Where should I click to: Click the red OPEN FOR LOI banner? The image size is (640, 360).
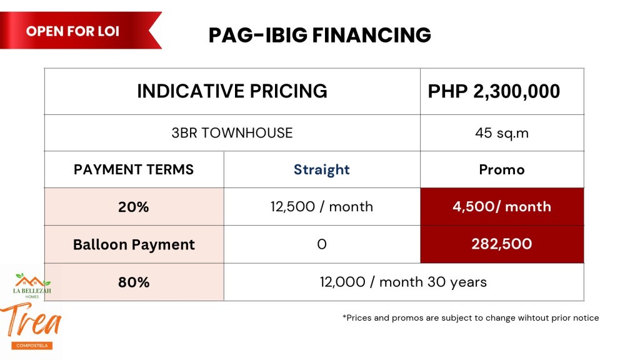77,31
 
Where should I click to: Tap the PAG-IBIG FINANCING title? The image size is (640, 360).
319,35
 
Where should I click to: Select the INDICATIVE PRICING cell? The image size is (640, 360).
232,91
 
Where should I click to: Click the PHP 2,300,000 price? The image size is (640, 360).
494,91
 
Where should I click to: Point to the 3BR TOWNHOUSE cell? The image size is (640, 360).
232,133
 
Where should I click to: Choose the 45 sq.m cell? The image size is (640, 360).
502,133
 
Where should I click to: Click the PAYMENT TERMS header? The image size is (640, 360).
134,169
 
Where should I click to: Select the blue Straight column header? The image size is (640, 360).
322,170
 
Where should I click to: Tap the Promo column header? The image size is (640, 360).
502,170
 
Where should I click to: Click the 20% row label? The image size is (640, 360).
134,207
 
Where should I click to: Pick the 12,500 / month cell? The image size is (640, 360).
322,207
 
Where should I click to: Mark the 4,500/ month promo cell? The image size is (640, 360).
502,207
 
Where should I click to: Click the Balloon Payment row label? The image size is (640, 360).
134,244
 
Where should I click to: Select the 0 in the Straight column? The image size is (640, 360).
322,244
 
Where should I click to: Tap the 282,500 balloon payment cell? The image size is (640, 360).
502,244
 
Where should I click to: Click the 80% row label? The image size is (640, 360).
134,282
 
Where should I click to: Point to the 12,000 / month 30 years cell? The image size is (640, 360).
404,282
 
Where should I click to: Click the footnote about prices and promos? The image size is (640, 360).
471,318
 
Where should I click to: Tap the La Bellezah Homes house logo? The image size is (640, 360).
32,285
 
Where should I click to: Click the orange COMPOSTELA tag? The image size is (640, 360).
32,345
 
